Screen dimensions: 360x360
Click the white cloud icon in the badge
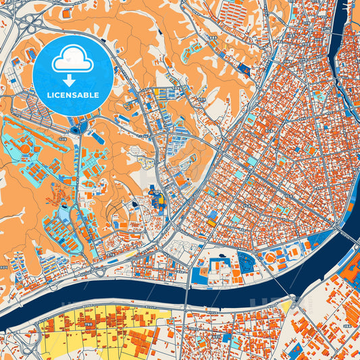pyautogui.click(x=73, y=61)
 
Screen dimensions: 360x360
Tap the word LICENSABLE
pyautogui.click(x=73, y=95)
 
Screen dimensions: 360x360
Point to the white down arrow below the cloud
pyautogui.click(x=73, y=80)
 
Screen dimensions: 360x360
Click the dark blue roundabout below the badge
pyautogui.click(x=75, y=126)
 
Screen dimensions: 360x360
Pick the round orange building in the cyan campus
pyautogui.click(x=25, y=147)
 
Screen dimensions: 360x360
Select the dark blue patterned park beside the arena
pyautogui.click(x=247, y=262)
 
